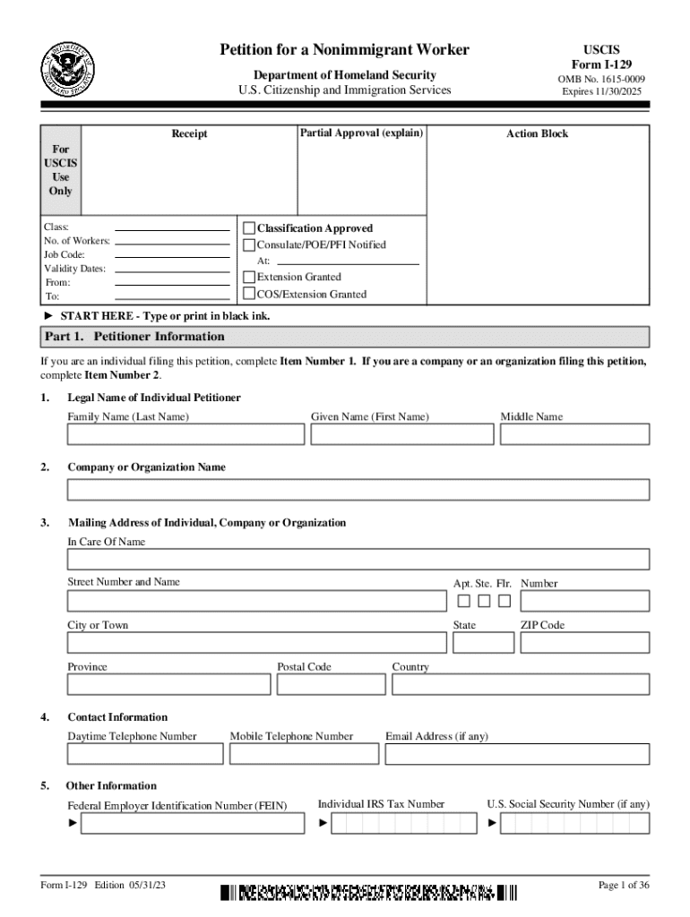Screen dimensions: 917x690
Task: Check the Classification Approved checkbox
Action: [x=250, y=228]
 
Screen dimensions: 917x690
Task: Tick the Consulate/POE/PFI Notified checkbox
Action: [x=250, y=244]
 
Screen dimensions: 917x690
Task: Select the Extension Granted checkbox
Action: [x=250, y=277]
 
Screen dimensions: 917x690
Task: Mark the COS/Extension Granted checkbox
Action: [x=250, y=294]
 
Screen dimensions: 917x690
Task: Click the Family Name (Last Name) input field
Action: [x=185, y=434]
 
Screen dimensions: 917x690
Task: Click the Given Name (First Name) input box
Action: [x=401, y=434]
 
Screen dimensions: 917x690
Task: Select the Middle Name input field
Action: [x=574, y=434]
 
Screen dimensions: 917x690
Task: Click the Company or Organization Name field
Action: [x=358, y=490]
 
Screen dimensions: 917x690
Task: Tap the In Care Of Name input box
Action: [x=358, y=560]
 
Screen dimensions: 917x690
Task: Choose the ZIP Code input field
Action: [x=584, y=643]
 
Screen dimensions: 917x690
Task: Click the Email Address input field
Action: [x=517, y=754]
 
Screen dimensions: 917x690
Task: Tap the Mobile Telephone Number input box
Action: [x=304, y=754]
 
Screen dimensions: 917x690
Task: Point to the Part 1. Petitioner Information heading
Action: [x=134, y=337]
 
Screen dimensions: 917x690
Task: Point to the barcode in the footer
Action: [x=368, y=892]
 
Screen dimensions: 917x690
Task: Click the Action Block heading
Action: [x=537, y=134]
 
